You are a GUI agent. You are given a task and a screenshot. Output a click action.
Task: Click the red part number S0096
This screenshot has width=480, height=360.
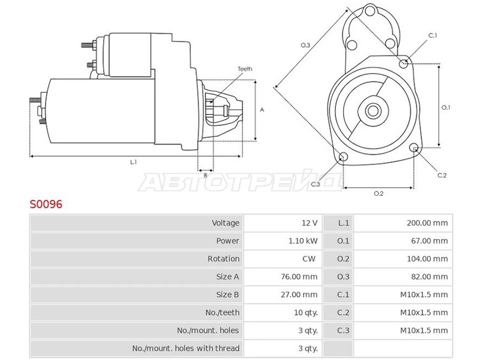(46, 204)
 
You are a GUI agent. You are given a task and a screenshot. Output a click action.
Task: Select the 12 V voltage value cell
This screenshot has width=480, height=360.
(310, 223)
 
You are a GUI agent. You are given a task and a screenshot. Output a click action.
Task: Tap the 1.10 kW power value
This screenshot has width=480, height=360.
(303, 241)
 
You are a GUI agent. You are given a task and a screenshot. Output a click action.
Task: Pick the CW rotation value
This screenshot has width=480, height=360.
(308, 259)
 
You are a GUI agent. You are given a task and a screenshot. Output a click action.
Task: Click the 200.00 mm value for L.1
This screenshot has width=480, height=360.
(427, 223)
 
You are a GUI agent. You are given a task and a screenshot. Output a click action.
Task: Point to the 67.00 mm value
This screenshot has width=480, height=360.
(429, 241)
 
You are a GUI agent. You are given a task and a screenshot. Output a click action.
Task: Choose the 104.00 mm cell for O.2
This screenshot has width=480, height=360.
(427, 259)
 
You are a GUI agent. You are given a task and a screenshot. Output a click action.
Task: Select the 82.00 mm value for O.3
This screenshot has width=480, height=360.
(429, 277)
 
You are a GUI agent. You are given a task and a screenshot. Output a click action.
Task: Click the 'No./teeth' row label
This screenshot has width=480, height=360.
(222, 313)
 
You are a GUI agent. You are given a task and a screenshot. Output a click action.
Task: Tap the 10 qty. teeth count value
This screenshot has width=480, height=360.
(306, 313)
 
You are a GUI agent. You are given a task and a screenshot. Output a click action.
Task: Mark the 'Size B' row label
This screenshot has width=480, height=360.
(227, 295)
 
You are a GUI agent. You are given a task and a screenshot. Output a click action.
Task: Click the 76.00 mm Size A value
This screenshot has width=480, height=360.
(299, 277)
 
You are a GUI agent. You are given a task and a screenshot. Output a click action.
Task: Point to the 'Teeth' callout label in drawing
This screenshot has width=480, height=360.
(245, 69)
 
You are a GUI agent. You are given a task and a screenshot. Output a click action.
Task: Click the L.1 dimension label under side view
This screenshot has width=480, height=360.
(133, 162)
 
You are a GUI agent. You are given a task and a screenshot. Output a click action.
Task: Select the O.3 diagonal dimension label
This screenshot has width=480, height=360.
(305, 46)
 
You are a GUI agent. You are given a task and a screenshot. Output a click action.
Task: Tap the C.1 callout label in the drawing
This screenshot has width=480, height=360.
(433, 35)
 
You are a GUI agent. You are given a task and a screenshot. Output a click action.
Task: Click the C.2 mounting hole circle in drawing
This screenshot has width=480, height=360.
(414, 147)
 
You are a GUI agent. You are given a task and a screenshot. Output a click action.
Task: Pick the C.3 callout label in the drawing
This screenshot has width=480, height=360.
(316, 184)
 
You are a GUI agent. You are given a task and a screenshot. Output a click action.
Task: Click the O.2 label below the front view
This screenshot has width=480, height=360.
(379, 193)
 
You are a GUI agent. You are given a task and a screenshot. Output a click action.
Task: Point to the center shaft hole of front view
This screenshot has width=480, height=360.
(373, 111)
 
